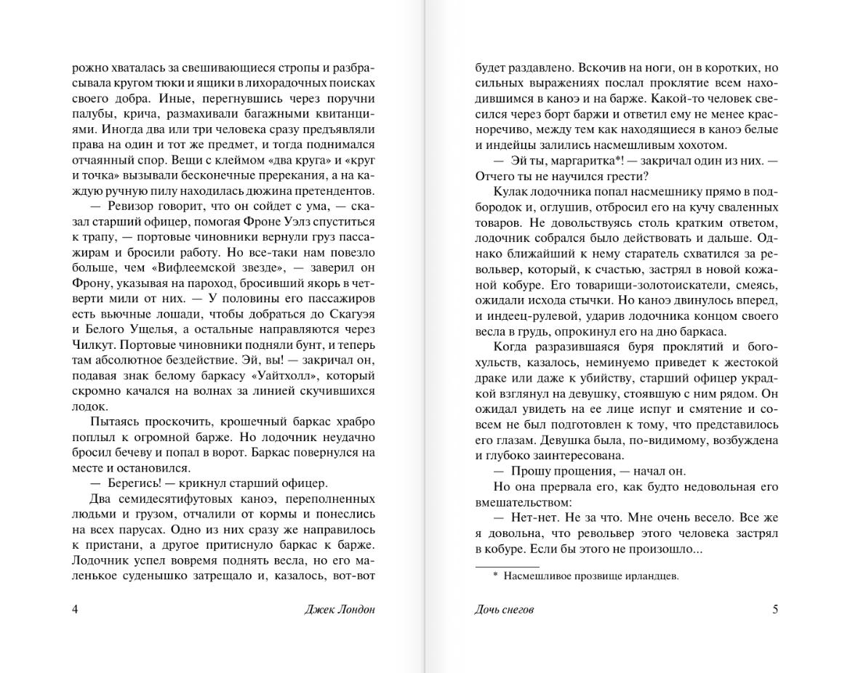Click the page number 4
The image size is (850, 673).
[x=76, y=609]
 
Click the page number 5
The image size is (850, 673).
[x=775, y=609]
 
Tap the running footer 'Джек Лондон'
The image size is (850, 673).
[x=340, y=609]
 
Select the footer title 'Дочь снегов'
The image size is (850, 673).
[x=504, y=609]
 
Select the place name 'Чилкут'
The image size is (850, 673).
[x=92, y=344]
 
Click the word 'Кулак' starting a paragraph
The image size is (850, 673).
[x=509, y=192]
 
